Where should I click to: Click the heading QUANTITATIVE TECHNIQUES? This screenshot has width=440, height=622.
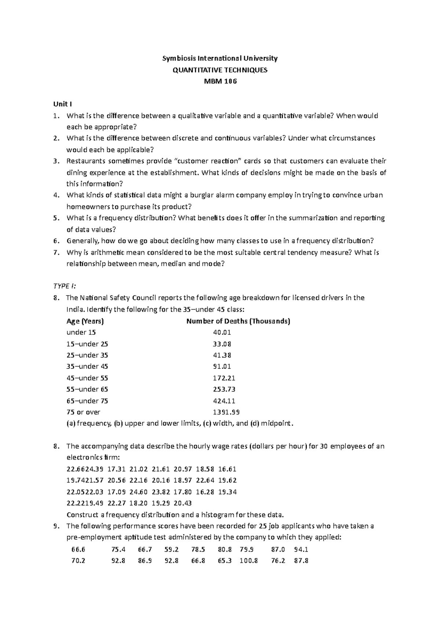(x=220, y=70)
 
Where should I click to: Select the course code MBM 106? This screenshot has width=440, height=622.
(x=220, y=81)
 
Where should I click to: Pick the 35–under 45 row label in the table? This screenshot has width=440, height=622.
(x=87, y=366)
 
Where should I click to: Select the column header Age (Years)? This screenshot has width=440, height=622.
(x=85, y=321)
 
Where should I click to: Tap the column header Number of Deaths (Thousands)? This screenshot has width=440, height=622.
(x=238, y=321)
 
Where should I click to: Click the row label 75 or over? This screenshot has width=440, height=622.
(x=83, y=412)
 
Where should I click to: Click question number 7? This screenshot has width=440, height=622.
(x=56, y=252)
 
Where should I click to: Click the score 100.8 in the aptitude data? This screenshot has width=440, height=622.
(x=249, y=560)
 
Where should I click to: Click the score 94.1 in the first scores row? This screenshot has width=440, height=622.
(x=301, y=549)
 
